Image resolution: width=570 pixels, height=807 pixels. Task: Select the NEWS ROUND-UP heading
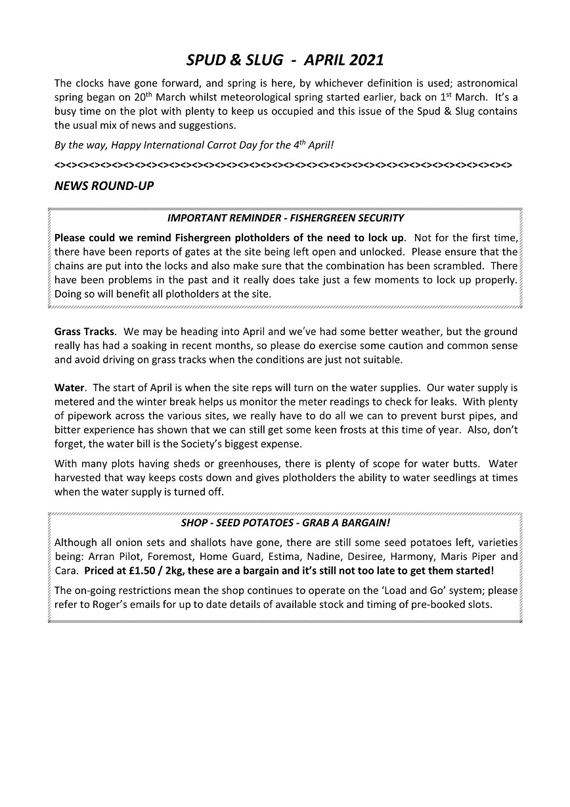[x=104, y=186]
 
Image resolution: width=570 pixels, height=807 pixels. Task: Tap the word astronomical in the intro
[x=487, y=83]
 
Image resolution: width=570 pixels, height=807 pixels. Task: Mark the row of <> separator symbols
[x=283, y=163]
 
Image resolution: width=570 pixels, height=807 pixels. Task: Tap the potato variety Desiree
[x=352, y=556]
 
